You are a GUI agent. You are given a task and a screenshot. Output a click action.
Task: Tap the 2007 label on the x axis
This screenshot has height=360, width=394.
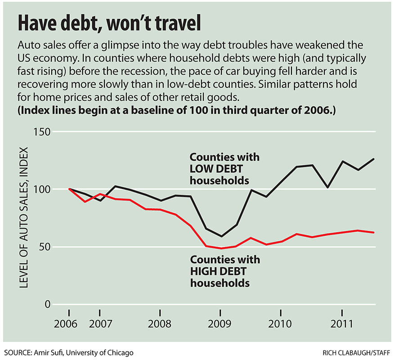[99, 324]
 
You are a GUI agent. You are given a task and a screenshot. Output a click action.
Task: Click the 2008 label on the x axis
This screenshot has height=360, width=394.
[160, 324]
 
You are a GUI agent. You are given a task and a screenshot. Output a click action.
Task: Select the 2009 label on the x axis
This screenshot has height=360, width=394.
[220, 324]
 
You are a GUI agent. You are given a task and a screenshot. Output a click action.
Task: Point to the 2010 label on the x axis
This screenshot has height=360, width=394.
[281, 324]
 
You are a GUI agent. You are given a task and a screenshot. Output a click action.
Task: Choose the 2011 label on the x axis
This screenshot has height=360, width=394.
[343, 324]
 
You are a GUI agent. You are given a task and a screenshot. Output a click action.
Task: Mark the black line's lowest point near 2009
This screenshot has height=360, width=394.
[221, 236]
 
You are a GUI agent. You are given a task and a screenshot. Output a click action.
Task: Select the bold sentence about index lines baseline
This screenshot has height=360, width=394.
[176, 111]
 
